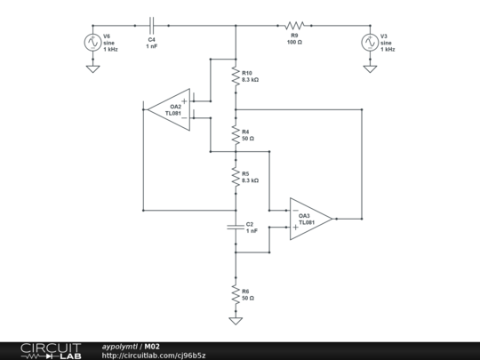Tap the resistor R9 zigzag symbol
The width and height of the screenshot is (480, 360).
point(295,26)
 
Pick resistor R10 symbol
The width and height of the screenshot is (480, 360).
point(235,77)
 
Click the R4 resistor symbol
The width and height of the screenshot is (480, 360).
point(235,134)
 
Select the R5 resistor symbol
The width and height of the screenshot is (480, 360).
point(235,176)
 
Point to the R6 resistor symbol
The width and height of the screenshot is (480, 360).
point(235,293)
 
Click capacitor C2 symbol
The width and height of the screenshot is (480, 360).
point(235,226)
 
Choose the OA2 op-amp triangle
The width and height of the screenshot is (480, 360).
point(171,109)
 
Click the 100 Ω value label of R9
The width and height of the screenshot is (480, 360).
point(295,42)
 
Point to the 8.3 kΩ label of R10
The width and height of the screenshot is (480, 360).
point(251,81)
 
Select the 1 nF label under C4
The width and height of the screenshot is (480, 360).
point(152,46)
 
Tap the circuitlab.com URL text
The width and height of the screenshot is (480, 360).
point(153,355)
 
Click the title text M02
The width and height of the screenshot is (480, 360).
point(153,345)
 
